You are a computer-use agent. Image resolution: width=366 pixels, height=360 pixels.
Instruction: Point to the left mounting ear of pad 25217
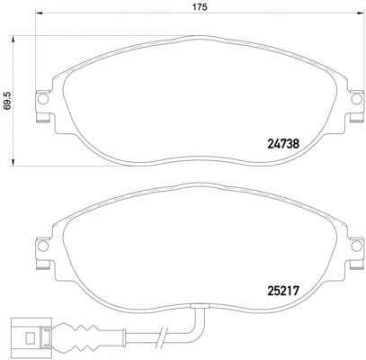point(40,247)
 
